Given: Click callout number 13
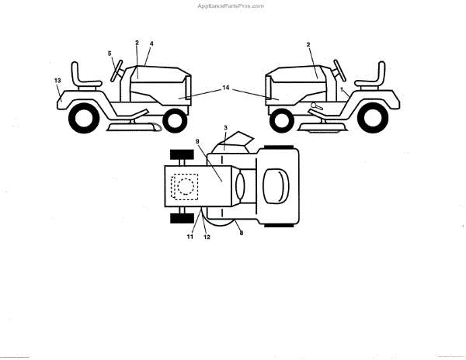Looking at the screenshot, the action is coord(57,80).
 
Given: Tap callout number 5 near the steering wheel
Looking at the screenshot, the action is coord(110,54).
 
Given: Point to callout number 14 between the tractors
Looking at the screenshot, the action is coord(226,88).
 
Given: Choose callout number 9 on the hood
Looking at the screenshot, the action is coord(197,142).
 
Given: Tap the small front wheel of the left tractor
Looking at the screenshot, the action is coord(176,119).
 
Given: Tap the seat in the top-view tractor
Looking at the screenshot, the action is coord(274,187).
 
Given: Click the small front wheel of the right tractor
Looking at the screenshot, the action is coord(280,119).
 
